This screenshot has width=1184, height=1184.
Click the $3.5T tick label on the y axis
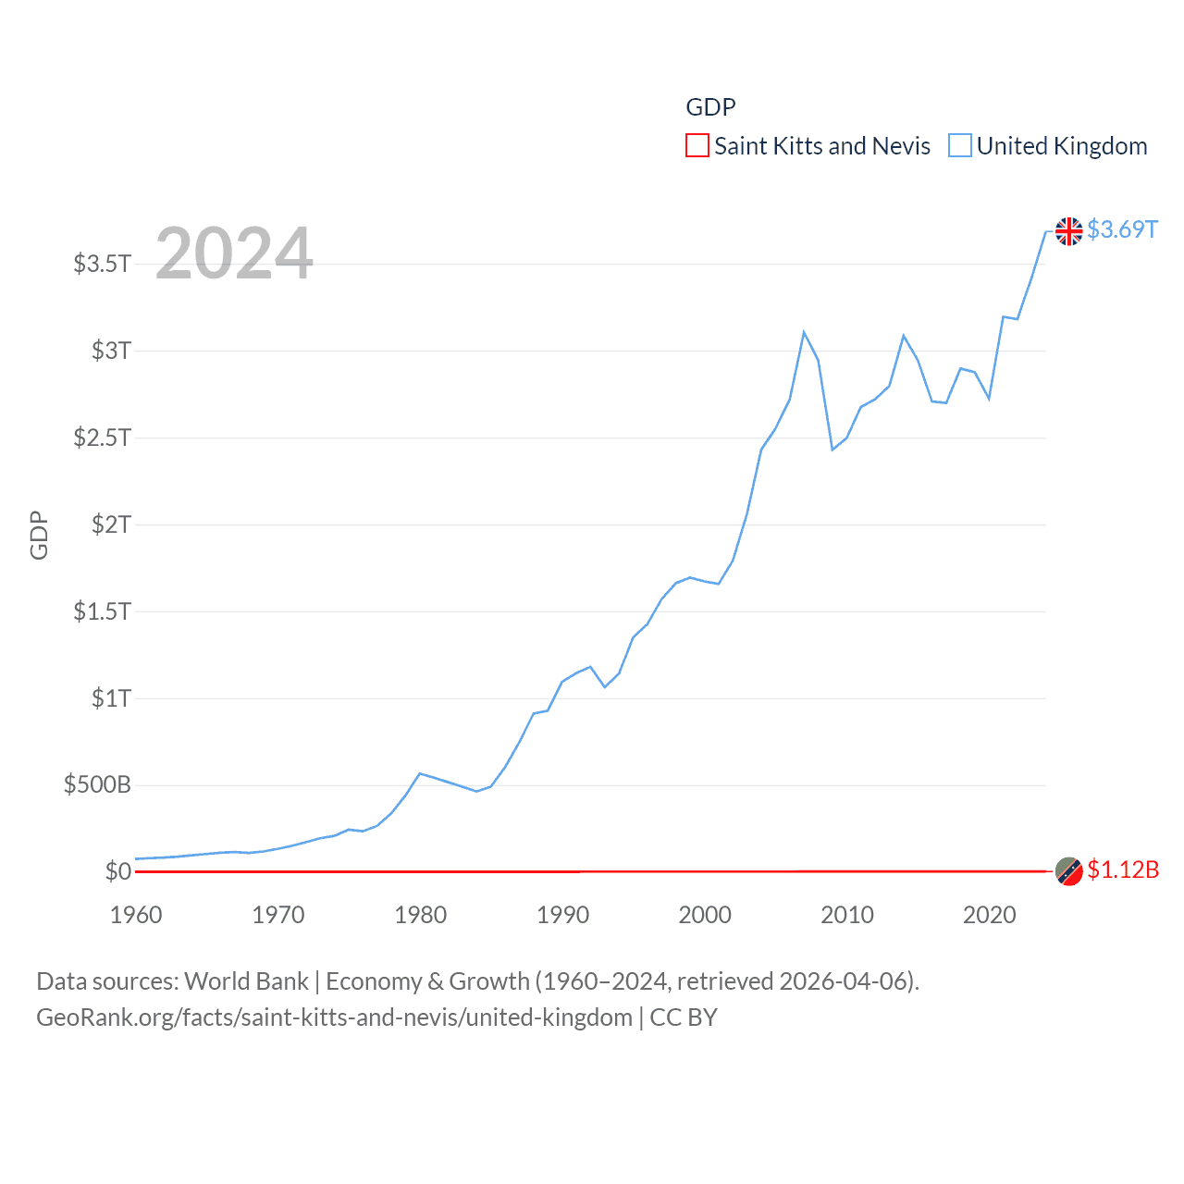click(x=102, y=264)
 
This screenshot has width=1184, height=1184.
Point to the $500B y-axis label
click(x=97, y=785)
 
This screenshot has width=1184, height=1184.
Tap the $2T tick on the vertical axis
click(x=111, y=524)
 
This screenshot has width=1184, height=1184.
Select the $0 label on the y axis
click(x=117, y=871)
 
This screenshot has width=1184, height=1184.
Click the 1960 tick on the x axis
click(x=136, y=915)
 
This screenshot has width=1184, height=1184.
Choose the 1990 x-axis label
click(x=562, y=915)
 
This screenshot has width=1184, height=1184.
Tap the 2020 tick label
click(x=989, y=915)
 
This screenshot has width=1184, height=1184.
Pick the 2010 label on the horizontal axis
click(x=847, y=915)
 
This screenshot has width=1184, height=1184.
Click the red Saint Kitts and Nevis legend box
click(x=697, y=146)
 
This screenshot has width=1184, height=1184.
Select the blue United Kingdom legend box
click(x=960, y=146)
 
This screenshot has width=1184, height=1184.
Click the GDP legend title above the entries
click(x=710, y=107)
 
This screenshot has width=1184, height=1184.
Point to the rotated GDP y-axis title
click(x=39, y=535)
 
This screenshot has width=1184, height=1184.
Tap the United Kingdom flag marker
click(x=1069, y=230)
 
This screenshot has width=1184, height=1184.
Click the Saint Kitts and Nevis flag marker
click(x=1069, y=871)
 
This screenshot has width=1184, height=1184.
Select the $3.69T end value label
click(x=1122, y=229)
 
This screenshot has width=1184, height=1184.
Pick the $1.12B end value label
click(x=1123, y=870)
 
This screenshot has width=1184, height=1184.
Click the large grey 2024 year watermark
click(x=234, y=253)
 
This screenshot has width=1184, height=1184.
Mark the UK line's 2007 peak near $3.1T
click(x=804, y=332)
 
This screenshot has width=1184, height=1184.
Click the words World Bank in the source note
click(x=246, y=981)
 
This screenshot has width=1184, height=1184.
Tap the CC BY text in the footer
click(x=684, y=1017)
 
